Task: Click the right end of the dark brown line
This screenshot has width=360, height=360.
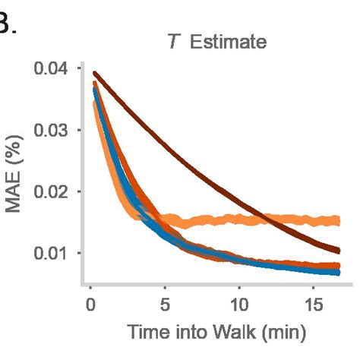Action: [338, 250]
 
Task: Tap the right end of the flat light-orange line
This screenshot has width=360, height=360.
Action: [338, 220]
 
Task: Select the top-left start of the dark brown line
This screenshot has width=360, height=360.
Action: [94, 74]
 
